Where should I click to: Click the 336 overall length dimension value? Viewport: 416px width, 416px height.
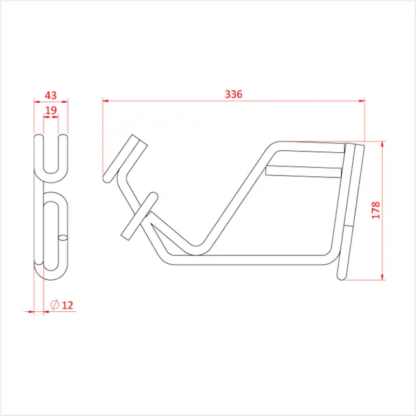pyautogui.click(x=233, y=94)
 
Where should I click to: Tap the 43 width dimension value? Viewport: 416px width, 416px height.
pyautogui.click(x=51, y=96)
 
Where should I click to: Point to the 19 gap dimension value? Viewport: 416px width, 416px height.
pyautogui.click(x=51, y=111)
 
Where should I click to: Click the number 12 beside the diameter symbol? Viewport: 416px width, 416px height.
pyautogui.click(x=67, y=304)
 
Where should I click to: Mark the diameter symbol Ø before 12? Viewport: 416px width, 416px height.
pyautogui.click(x=55, y=304)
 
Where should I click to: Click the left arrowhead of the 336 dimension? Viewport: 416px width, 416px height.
pyautogui.click(x=106, y=101)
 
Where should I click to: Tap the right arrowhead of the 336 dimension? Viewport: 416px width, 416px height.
pyautogui.click(x=361, y=101)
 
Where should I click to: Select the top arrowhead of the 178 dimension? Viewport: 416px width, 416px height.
pyautogui.click(x=383, y=144)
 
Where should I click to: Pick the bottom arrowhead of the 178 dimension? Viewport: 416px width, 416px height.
pyautogui.click(x=383, y=278)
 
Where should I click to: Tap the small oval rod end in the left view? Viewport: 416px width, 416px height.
pyautogui.click(x=62, y=237)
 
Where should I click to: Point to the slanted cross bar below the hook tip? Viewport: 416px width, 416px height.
pyautogui.click(x=138, y=215)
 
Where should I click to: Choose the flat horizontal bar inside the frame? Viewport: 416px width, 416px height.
pyautogui.click(x=303, y=171)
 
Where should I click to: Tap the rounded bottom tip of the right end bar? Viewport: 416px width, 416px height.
pyautogui.click(x=343, y=277)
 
